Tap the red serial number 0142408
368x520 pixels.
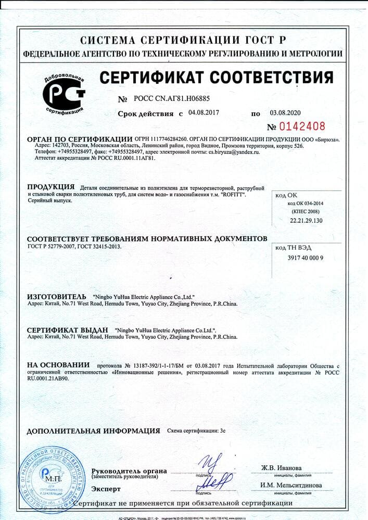[302, 126]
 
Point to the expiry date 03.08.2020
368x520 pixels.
[285, 112]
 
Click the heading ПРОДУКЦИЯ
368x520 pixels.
[50, 187]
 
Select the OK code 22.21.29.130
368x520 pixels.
[306, 221]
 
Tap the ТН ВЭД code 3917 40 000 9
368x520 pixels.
[306, 258]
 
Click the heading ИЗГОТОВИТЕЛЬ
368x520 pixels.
[56, 296]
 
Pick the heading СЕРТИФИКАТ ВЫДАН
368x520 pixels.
[67, 330]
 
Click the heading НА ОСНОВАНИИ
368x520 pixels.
[58, 365]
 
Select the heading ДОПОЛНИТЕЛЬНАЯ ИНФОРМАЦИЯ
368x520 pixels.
[93, 431]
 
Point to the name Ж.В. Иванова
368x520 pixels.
[281, 467]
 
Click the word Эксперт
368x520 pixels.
[106, 489]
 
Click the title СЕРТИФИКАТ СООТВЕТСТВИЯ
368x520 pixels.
[216, 78]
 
